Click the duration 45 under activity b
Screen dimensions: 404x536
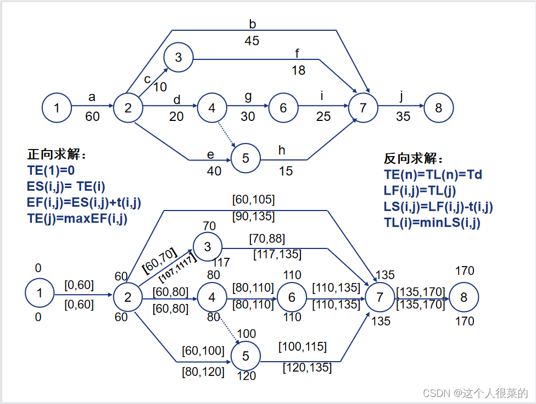(252, 41)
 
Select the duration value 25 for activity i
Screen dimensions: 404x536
(323, 117)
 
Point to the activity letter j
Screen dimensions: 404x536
(401, 97)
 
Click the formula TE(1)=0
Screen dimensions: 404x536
(51, 170)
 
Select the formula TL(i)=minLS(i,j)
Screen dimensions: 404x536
(432, 223)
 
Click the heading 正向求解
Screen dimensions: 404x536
(57, 154)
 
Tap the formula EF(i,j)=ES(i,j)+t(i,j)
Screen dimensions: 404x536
(83, 202)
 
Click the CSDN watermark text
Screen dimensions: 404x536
(475, 393)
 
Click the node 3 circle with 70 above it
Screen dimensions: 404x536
(207, 247)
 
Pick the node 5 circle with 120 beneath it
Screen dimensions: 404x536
(245, 356)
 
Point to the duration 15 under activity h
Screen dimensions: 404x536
(286, 171)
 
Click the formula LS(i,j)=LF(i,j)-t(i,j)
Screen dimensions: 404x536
(438, 207)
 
